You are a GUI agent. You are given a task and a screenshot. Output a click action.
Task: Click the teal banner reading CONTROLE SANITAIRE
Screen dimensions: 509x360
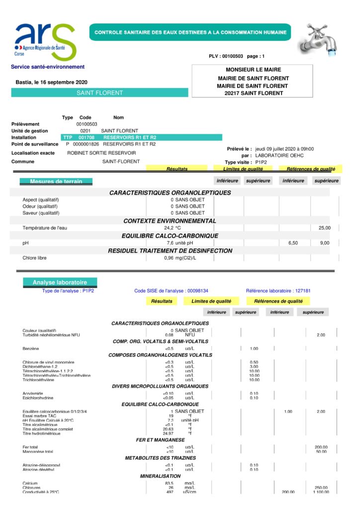(x=190, y=32)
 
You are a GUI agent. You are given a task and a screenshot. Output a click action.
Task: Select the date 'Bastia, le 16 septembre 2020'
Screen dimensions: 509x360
(x=52, y=82)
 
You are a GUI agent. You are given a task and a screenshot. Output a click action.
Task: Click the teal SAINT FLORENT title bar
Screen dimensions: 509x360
(x=99, y=92)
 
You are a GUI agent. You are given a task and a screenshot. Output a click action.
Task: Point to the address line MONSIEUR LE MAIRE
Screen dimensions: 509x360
(x=253, y=70)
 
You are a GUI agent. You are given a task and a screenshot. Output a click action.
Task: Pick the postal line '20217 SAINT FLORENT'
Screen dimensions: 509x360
(x=253, y=93)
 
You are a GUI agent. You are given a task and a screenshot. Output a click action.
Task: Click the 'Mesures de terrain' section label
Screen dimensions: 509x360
(x=56, y=181)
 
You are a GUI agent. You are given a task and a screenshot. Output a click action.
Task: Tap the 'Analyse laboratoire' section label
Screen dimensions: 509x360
(x=60, y=282)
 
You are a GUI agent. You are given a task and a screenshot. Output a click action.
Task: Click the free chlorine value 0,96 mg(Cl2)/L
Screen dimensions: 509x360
(x=180, y=258)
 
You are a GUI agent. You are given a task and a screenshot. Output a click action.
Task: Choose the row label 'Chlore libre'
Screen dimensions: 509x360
(x=35, y=258)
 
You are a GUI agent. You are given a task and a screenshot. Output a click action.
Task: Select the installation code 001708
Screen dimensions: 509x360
(x=87, y=137)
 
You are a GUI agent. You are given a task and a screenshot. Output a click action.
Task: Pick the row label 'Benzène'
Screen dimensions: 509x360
(x=31, y=348)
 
